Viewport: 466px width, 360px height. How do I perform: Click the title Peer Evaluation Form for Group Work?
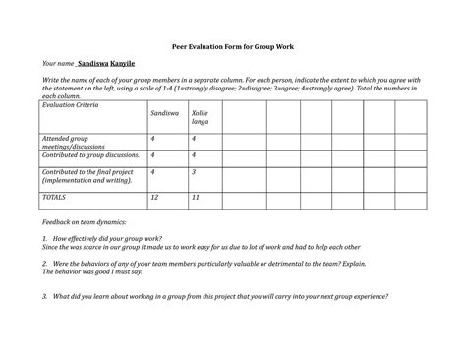coord(233,46)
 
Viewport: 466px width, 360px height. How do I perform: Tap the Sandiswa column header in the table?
coord(163,114)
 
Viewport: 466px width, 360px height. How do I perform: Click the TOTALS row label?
coord(53,197)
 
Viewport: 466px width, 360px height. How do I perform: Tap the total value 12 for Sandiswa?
coord(154,197)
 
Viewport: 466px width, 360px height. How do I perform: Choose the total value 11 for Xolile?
coord(196,197)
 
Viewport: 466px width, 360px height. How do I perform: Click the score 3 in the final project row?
coord(194,171)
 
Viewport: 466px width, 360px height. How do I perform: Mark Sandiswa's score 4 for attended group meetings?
coord(152,139)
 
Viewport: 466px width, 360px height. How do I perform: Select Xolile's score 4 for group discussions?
coord(194,155)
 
